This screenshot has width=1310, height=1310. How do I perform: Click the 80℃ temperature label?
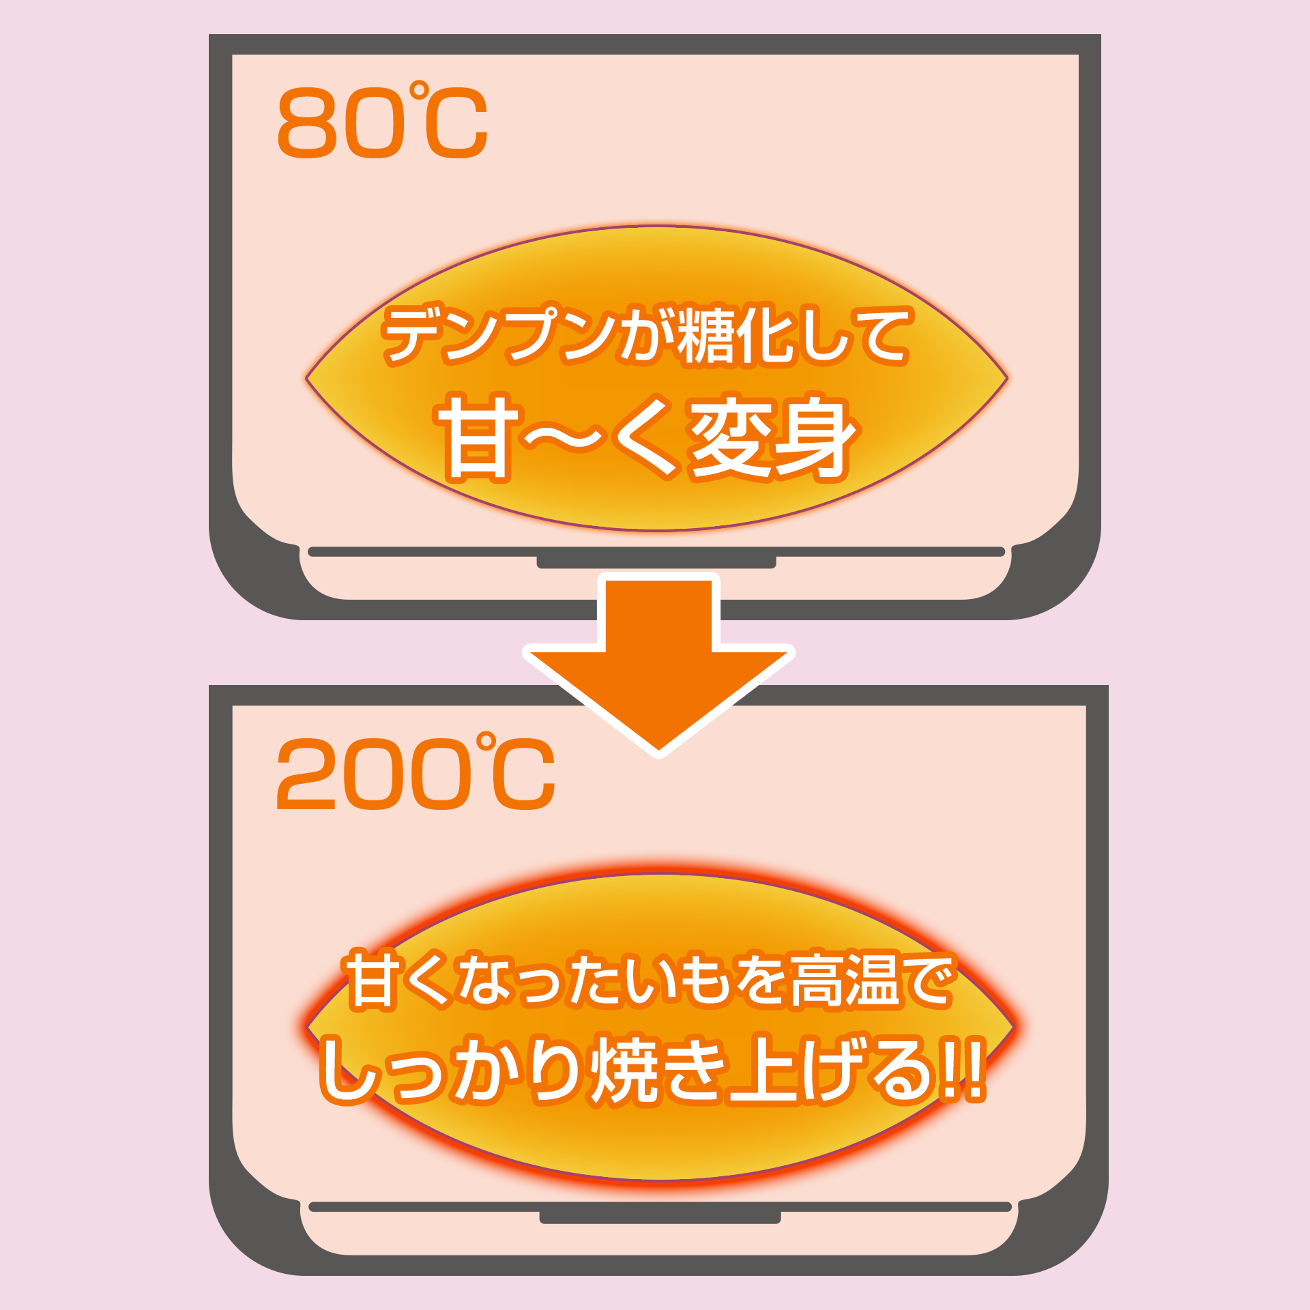[382, 121]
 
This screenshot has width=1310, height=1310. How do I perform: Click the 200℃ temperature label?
[415, 772]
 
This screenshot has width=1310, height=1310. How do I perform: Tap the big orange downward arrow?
[658, 665]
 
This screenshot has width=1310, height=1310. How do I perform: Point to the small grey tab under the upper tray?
[656, 563]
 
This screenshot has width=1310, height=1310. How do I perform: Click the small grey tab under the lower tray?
[660, 1218]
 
